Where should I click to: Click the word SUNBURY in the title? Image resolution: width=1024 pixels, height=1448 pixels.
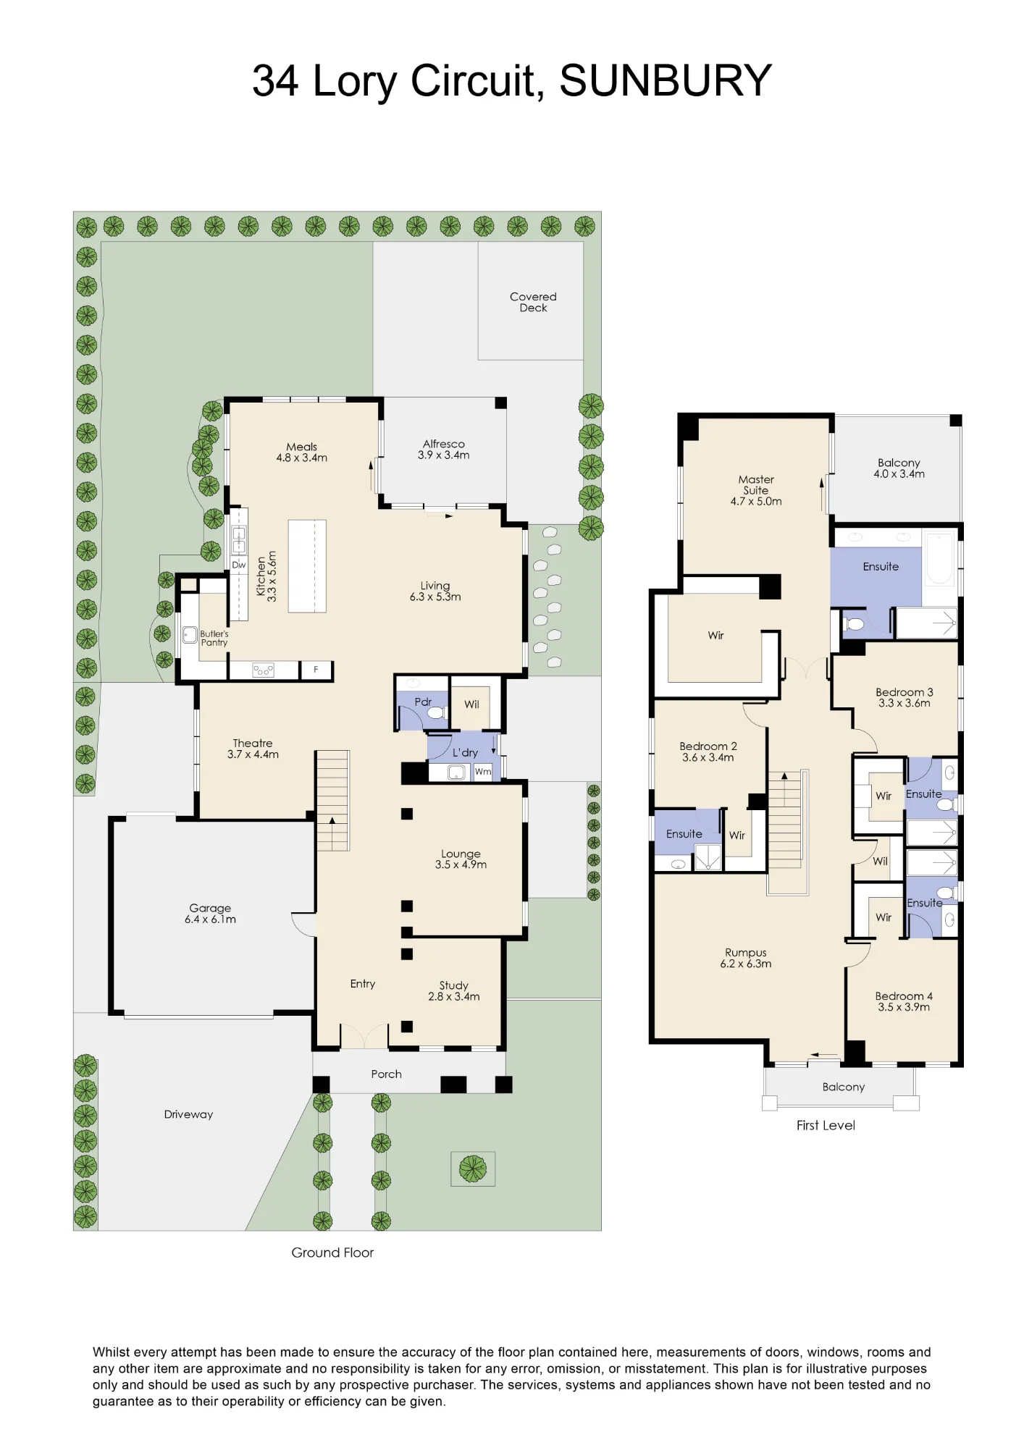[666, 80]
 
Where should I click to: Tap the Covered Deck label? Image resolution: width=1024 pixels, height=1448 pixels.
[533, 302]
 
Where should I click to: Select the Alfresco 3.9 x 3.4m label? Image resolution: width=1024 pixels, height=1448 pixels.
[444, 450]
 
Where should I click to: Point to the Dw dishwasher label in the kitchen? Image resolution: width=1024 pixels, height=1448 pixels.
[239, 565]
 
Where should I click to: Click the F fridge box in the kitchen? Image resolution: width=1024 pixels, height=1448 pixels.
[316, 670]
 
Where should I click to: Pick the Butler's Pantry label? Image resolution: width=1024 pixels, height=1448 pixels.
[214, 638]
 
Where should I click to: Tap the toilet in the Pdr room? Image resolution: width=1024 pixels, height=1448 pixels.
[435, 713]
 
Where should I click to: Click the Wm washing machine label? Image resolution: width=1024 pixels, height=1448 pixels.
[483, 772]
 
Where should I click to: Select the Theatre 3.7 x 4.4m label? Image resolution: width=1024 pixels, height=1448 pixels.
[253, 749]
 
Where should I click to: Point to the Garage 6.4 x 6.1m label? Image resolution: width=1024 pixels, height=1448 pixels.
[210, 914]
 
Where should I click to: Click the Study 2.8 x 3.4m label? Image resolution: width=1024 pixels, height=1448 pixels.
[454, 990]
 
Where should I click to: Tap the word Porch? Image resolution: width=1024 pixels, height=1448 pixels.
[386, 1074]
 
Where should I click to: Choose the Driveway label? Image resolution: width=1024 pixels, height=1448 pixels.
[188, 1114]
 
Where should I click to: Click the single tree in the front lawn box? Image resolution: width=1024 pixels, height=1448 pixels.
[473, 1169]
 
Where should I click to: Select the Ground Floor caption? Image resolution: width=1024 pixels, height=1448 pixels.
[332, 1253]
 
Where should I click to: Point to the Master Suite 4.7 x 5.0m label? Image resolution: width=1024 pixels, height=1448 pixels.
[756, 490]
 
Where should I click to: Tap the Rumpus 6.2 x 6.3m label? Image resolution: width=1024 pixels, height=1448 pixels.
[746, 958]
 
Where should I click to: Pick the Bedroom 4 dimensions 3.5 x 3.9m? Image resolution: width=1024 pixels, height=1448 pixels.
[904, 1007]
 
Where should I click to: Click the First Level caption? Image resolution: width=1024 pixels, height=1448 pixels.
[826, 1125]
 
